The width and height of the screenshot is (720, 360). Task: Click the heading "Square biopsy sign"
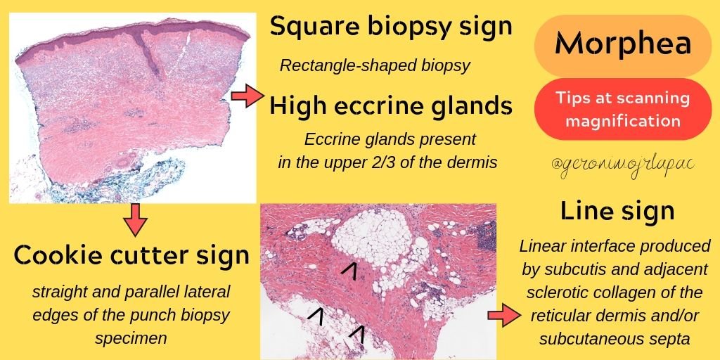tap(390, 28)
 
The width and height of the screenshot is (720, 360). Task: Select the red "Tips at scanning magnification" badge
tap(622, 109)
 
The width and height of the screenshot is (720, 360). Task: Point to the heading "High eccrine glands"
tap(390, 107)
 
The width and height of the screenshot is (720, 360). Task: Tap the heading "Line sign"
tap(617, 211)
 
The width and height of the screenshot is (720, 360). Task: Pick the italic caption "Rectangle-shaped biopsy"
tap(375, 66)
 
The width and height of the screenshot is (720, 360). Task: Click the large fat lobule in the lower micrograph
tap(369, 239)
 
